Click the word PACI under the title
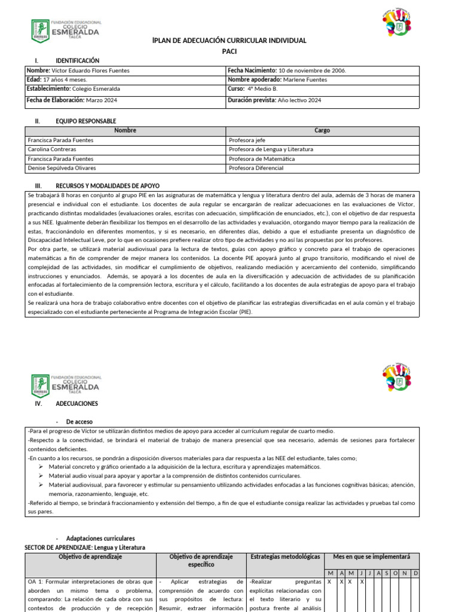[229, 52]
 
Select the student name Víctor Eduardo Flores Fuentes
[95, 71]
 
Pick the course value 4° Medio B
[262, 89]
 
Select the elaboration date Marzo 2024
[102, 100]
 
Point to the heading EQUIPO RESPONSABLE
[85, 121]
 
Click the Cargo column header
[322, 130]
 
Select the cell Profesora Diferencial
[256, 168]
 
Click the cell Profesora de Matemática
[261, 159]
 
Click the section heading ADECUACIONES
[76, 404]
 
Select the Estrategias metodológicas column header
[286, 556]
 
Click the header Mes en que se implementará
[371, 556]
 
